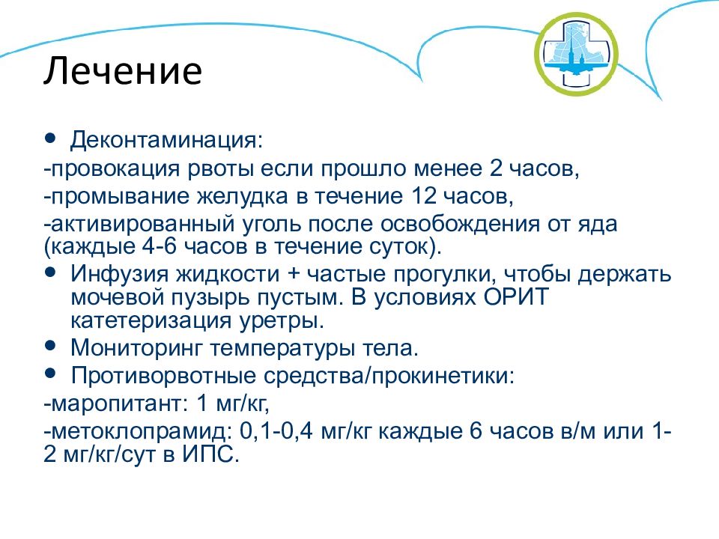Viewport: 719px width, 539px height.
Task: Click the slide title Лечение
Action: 123,71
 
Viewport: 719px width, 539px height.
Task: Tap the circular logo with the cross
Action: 576,54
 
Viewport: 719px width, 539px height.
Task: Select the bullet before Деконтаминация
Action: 50,138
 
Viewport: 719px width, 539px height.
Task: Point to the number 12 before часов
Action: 424,196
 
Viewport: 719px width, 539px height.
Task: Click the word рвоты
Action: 220,169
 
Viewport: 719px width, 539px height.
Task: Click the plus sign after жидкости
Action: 293,275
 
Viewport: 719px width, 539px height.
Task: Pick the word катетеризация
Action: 151,320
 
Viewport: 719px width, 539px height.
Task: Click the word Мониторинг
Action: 136,348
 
